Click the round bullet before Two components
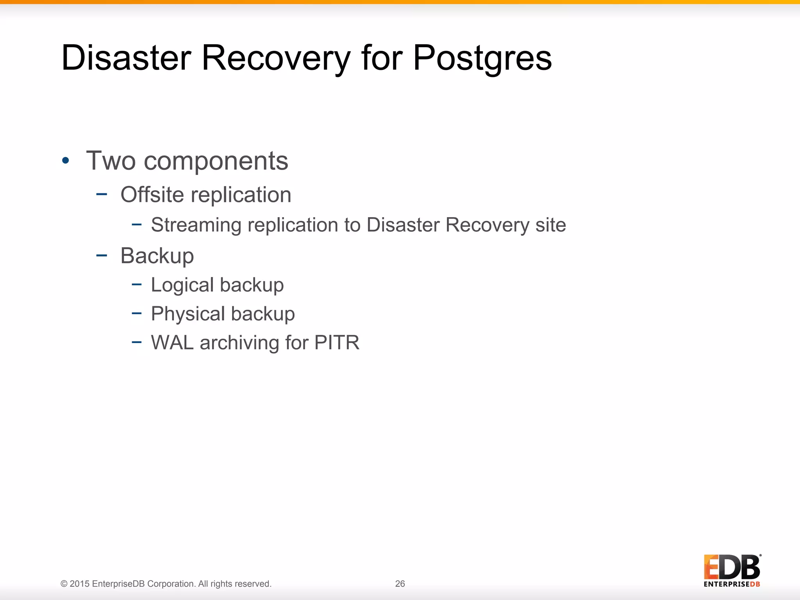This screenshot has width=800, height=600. coord(66,161)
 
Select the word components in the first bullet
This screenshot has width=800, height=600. coord(216,161)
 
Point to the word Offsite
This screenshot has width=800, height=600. coord(152,195)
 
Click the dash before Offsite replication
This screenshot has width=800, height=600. coord(102,194)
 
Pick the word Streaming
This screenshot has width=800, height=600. coord(196,225)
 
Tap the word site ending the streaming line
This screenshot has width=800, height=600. coord(550,225)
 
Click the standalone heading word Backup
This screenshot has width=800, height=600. coord(157,256)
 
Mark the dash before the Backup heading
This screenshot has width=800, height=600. coord(102,255)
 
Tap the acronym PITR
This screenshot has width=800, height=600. coord(337,343)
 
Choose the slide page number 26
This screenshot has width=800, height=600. coord(400,584)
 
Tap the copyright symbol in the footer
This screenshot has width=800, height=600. coord(64,584)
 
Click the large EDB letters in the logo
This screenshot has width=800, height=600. coord(732,567)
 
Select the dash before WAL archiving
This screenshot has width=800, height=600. coord(136,342)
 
